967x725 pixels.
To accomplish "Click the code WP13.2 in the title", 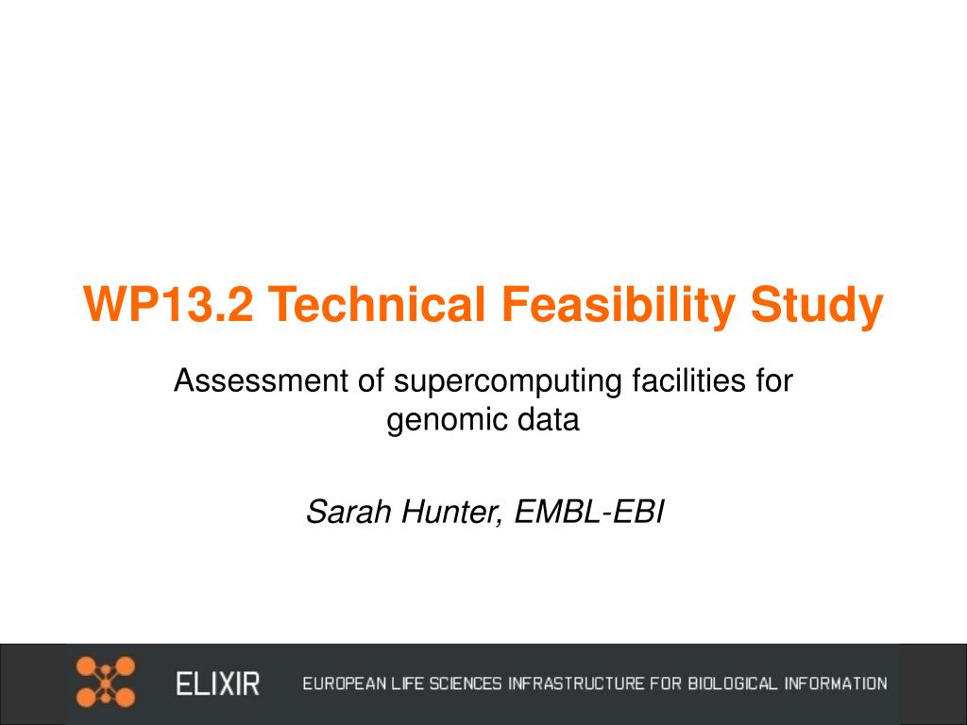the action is click(x=168, y=304).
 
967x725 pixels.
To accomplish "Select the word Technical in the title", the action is click(x=377, y=304).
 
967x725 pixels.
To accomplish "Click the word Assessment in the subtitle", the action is click(x=261, y=380).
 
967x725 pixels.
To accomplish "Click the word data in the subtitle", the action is click(x=549, y=420).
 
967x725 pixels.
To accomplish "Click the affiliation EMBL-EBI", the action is click(x=589, y=512).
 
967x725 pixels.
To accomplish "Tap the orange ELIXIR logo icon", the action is click(x=106, y=682).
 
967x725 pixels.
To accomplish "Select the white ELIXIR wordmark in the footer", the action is click(x=218, y=683).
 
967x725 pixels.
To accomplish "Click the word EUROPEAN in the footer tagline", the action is click(x=346, y=683).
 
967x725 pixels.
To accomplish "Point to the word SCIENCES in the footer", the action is click(x=466, y=683).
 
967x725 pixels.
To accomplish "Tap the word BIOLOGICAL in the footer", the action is click(x=733, y=683).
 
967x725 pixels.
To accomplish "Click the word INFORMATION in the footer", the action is click(x=836, y=683).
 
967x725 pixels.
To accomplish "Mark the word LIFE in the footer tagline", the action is click(x=408, y=683).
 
